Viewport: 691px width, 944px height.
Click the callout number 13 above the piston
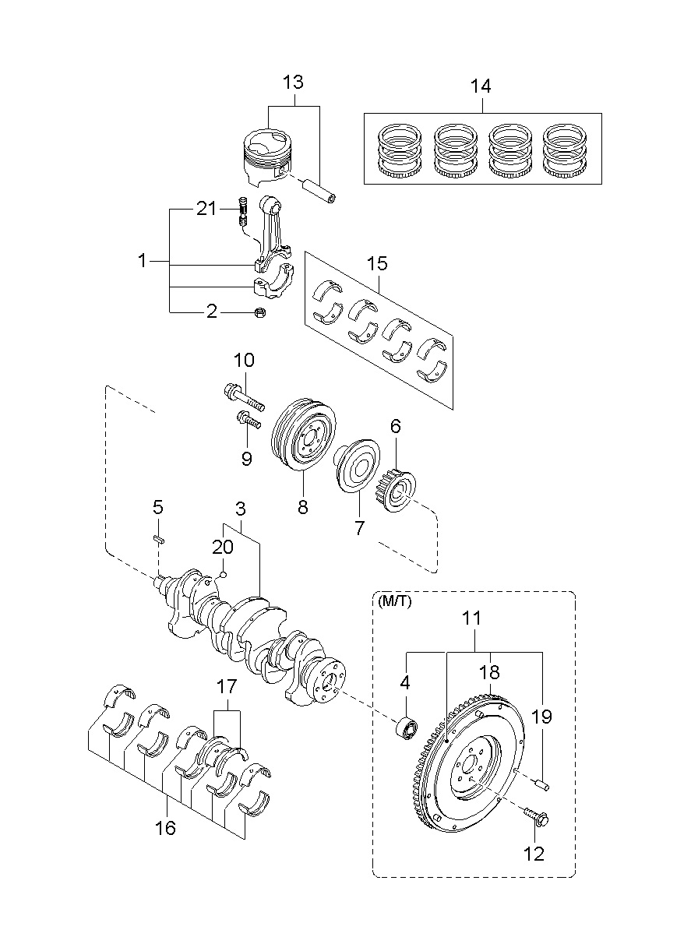tap(293, 83)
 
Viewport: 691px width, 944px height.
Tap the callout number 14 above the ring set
tap(480, 86)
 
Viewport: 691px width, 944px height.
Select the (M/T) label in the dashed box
tap(395, 601)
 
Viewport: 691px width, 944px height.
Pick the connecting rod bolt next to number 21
tap(242, 211)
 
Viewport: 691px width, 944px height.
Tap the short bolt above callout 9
tap(249, 420)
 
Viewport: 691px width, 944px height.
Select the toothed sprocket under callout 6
tap(395, 490)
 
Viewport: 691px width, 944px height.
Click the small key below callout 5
tap(158, 539)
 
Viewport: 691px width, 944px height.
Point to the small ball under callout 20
tap(224, 573)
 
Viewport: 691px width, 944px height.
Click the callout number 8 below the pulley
tap(303, 507)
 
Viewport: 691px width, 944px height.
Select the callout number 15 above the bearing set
tap(377, 264)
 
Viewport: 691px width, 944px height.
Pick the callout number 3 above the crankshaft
tap(240, 509)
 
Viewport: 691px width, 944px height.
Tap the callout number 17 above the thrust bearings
tap(227, 687)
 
